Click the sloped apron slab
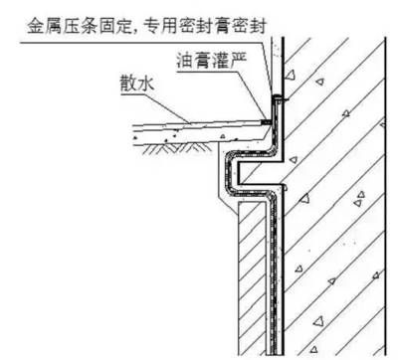[x=199, y=125]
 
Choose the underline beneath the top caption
[x=149, y=36]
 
